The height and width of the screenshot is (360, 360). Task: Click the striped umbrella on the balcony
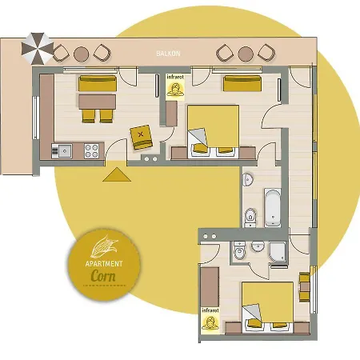pos(35,48)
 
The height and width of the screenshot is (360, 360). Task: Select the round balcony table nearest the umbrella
pos(81,54)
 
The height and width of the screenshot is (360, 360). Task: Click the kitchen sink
pos(62,149)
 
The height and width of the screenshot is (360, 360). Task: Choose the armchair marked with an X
pos(142,135)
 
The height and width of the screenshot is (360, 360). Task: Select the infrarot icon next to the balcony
pos(174,86)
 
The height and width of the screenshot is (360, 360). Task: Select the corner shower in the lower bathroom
pos(278,254)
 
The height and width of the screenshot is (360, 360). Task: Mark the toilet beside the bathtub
pos(250,214)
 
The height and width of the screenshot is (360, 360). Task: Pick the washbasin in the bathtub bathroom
pos(248,178)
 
